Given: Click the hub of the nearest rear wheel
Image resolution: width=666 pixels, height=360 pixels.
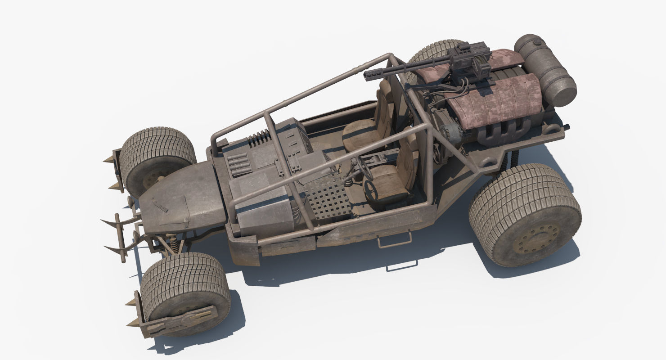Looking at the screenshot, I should coord(535,238).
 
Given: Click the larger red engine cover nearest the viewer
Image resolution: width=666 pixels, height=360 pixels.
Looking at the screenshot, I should coord(495,101).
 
